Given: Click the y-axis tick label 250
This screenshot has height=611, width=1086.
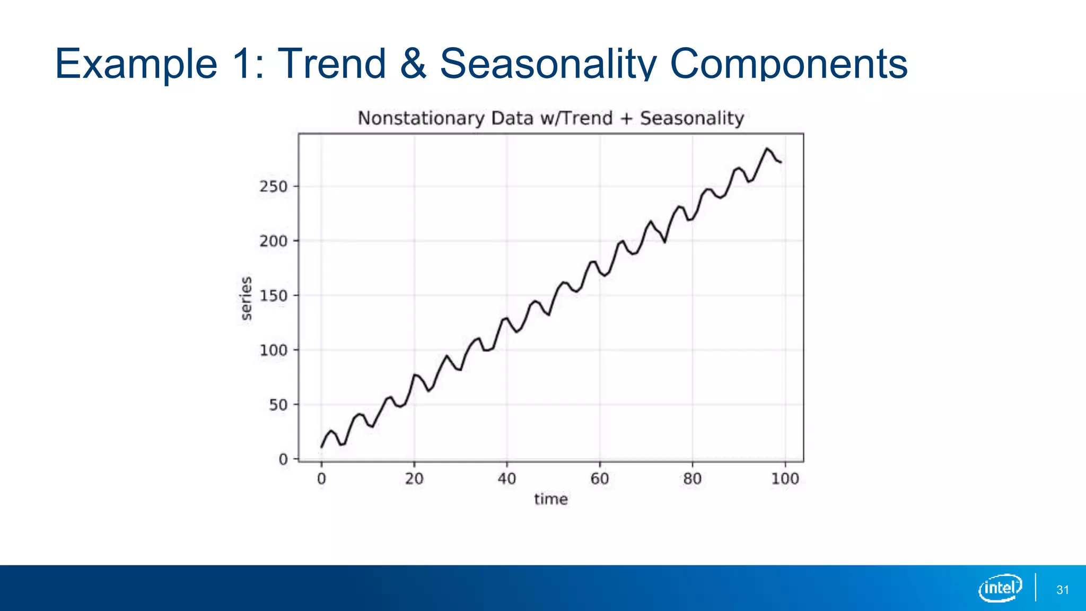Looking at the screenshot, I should point(273,187).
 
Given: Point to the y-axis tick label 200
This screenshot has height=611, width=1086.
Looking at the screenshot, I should point(273,241).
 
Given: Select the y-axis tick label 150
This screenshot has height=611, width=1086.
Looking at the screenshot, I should point(273,296).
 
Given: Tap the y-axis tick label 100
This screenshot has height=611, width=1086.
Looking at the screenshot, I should point(273,351).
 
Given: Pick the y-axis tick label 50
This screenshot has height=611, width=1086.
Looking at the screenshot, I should point(278,405).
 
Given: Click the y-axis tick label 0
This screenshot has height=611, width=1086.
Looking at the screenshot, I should point(283,459).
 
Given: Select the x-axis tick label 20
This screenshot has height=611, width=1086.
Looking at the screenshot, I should point(414,479).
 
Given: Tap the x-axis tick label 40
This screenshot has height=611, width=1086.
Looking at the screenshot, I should point(507,479).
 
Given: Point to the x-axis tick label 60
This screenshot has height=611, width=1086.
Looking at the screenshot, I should point(600,479).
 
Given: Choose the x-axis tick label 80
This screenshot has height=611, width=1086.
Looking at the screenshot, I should point(693,479).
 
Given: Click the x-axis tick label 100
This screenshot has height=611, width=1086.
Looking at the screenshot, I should point(785,479).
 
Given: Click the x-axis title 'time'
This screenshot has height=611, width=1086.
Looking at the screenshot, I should point(551,499).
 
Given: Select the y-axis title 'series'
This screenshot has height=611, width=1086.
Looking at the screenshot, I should point(246,298).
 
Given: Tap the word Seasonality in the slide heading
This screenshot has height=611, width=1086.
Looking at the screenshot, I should point(548,64).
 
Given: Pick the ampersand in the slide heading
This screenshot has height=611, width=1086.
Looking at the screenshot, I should point(413,64).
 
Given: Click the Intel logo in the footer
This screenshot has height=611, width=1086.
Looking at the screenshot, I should point(1000,588).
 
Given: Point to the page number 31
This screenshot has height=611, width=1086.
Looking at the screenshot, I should point(1063,590).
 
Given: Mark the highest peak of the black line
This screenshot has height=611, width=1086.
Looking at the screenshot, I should point(766,149).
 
